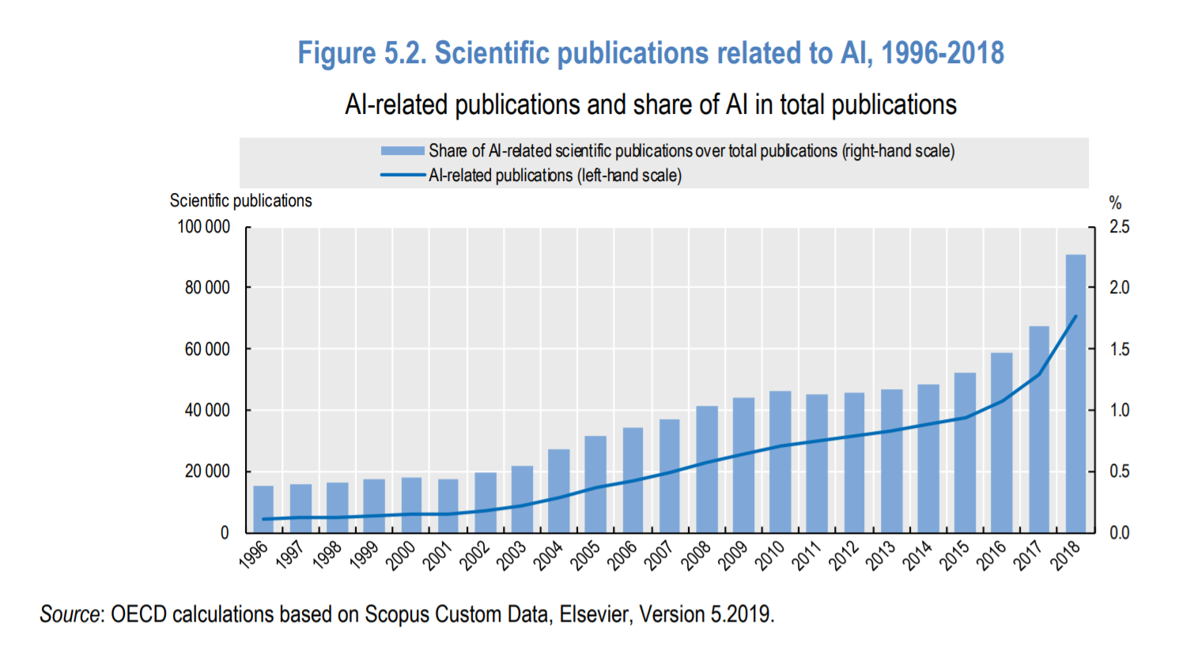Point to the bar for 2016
pyautogui.click(x=1001, y=442)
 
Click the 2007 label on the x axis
pyautogui.click(x=659, y=554)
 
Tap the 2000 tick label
pyautogui.click(x=401, y=554)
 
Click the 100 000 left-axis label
pyautogui.click(x=203, y=227)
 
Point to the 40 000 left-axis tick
pyautogui.click(x=207, y=410)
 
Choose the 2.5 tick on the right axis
pyautogui.click(x=1120, y=227)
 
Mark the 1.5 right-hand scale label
pyautogui.click(x=1120, y=350)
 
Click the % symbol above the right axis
pyautogui.click(x=1115, y=203)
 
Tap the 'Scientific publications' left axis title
pyautogui.click(x=240, y=201)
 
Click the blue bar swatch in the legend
pyautogui.click(x=402, y=151)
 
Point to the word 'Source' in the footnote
pyautogui.click(x=70, y=614)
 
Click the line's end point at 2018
pyautogui.click(x=1075, y=316)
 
